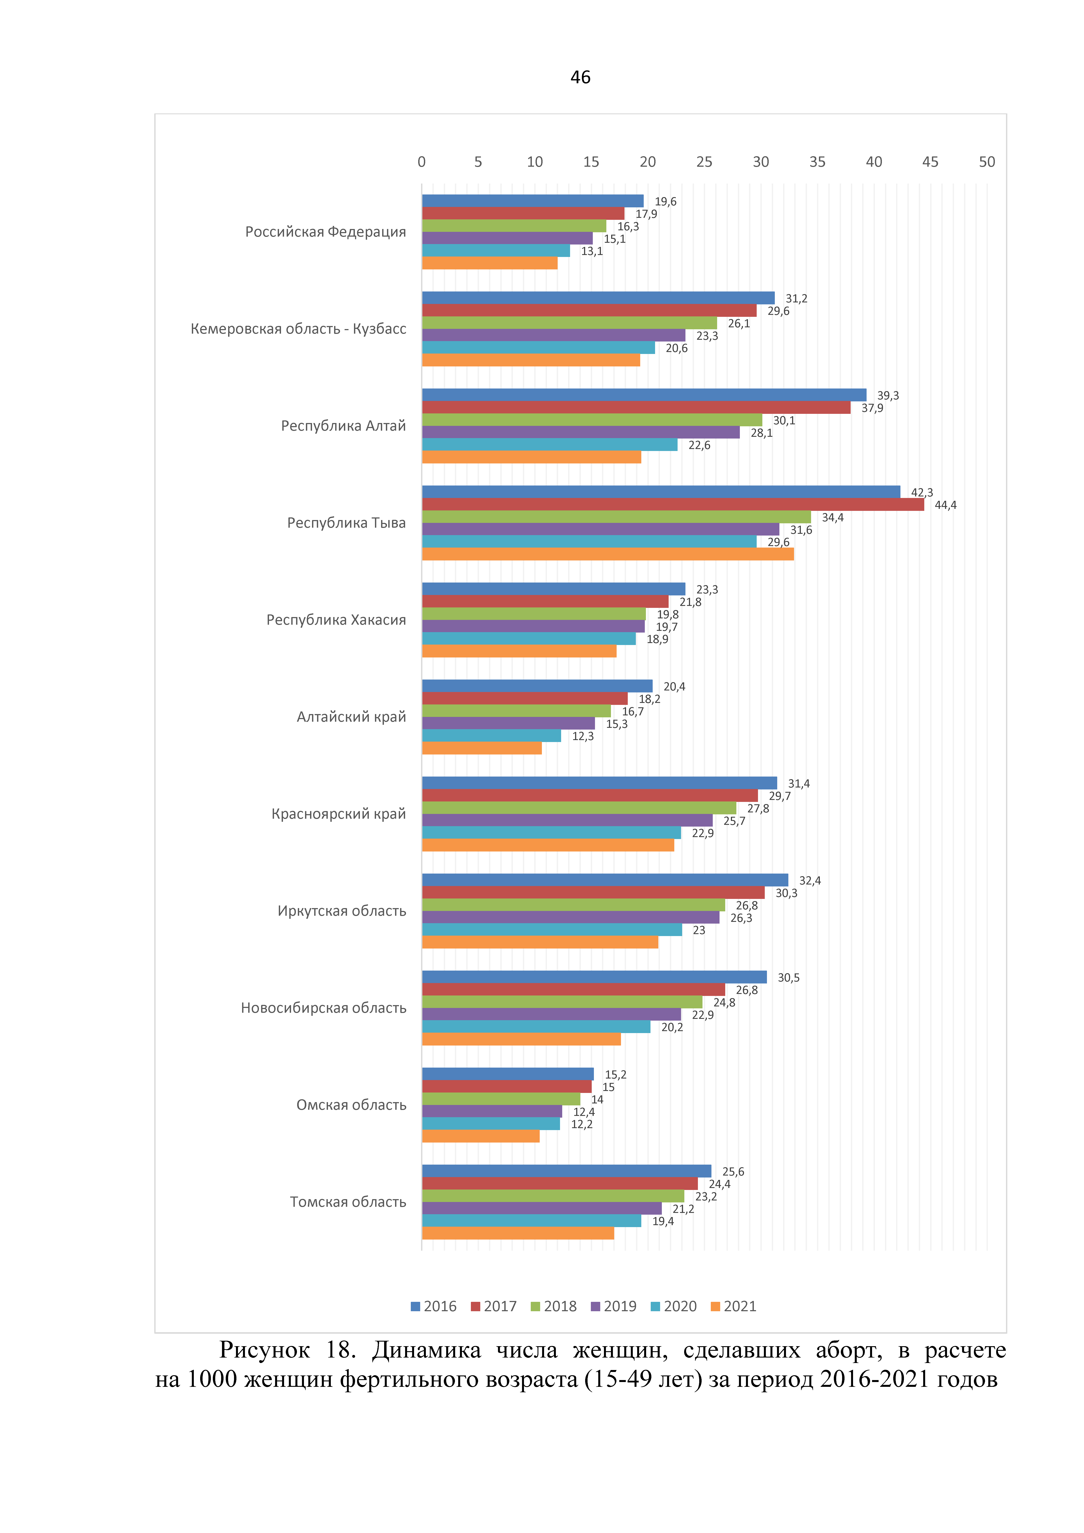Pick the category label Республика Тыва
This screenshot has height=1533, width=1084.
(x=346, y=523)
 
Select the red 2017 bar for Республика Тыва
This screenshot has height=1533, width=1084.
(x=673, y=504)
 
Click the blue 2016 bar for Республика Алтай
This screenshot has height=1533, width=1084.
(x=644, y=395)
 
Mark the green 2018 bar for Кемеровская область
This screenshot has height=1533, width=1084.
(x=569, y=323)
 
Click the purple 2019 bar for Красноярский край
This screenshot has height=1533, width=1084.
(x=567, y=820)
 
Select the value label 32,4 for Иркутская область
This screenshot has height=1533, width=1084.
(x=810, y=881)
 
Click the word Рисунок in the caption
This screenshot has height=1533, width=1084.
(x=264, y=1350)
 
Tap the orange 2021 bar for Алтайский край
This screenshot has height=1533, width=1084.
(x=482, y=748)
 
